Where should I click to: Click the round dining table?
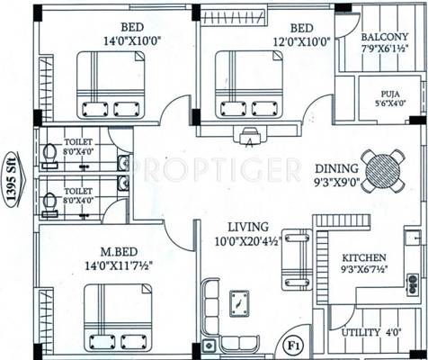(384, 167)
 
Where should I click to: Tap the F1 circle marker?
(292, 343)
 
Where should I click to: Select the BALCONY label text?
(386, 38)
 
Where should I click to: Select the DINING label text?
(337, 168)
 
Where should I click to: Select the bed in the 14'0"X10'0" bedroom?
(110, 84)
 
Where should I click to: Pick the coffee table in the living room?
(239, 303)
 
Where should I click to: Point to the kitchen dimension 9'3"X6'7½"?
(365, 269)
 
